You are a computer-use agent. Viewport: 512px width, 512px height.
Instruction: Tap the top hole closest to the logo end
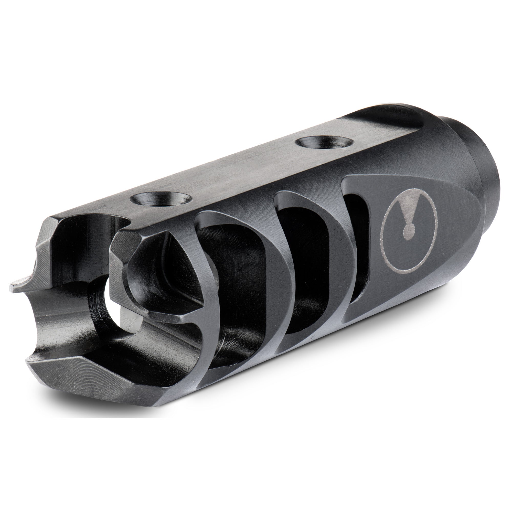[x=326, y=143]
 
